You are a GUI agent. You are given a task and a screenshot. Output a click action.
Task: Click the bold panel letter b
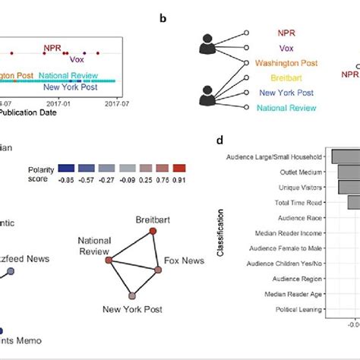click(x=163, y=17)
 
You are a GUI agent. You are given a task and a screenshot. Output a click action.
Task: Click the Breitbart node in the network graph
click(x=152, y=231)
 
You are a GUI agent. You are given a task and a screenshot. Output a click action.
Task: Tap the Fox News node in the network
click(x=158, y=270)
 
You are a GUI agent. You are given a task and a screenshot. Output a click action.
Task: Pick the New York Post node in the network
click(x=132, y=295)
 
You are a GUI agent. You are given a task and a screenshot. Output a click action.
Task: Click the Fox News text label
click(x=183, y=261)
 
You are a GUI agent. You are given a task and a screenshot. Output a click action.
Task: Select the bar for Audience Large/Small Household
click(x=346, y=156)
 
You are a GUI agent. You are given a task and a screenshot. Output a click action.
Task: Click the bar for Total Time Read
click(x=353, y=201)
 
